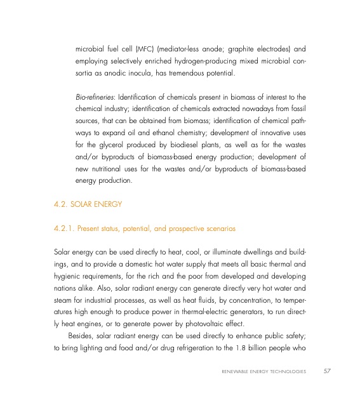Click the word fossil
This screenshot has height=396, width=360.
click(297, 111)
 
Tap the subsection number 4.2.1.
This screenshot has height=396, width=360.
click(65, 227)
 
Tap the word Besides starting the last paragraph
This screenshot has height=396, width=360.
click(82, 346)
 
